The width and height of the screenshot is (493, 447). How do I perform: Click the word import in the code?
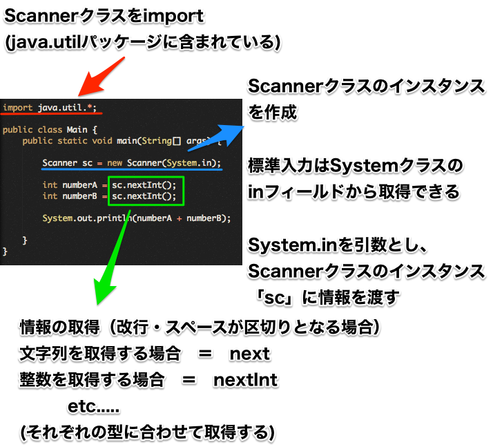[x=18, y=108]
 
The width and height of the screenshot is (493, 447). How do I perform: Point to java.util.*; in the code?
[x=67, y=108]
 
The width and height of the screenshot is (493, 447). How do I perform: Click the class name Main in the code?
[x=77, y=130]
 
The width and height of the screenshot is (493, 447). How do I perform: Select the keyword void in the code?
[x=102, y=141]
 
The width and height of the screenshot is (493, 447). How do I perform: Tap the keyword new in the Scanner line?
[x=115, y=163]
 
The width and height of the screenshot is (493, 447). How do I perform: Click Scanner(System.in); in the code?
[x=174, y=163]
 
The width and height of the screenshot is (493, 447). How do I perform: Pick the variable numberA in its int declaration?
[x=80, y=185]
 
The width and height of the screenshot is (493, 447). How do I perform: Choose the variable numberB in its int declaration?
[x=80, y=196]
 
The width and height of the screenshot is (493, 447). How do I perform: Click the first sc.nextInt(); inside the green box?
[x=144, y=185]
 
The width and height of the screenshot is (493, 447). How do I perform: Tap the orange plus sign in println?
[x=180, y=218]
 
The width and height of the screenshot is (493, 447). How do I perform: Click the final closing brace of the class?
[x=5, y=251]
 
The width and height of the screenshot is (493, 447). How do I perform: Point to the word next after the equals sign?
[x=250, y=354]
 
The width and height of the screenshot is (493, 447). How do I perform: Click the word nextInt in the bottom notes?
[x=245, y=380]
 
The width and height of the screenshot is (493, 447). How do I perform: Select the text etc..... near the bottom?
[x=94, y=406]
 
